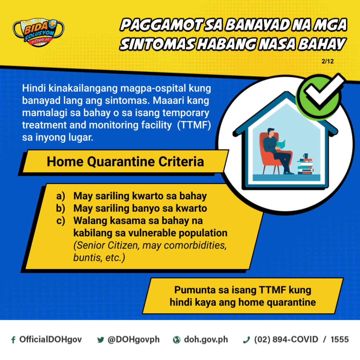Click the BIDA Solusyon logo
tap(38, 32)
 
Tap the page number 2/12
tap(327, 61)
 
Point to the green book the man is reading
tap(281, 144)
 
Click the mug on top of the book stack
tap(306, 156)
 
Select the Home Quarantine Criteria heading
tap(126, 161)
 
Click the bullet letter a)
tap(60, 196)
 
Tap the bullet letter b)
tap(60, 208)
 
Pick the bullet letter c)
tap(60, 221)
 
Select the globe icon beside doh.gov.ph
tap(176, 340)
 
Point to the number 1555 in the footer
tap(340, 339)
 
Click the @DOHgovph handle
tap(133, 340)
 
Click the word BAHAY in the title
tap(322, 44)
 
